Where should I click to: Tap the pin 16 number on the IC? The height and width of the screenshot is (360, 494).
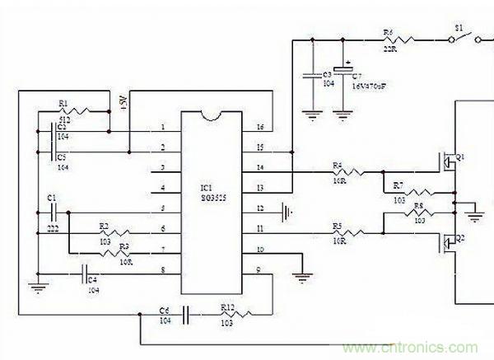(x=260, y=128)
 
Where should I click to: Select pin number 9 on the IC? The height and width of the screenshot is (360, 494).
(x=260, y=269)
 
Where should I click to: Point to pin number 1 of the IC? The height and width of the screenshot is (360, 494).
(x=163, y=128)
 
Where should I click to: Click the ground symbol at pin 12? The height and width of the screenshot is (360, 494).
(x=285, y=210)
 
